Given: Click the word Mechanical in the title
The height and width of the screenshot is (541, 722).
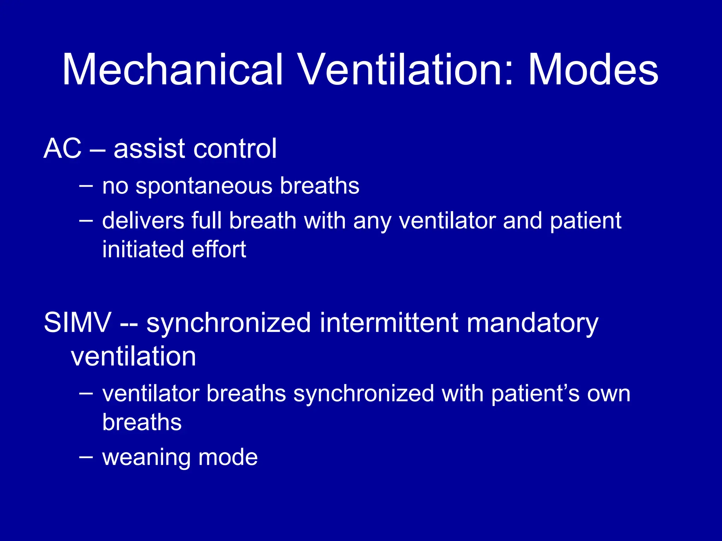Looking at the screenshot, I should [173, 69].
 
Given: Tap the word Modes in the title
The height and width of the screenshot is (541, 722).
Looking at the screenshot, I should [593, 69].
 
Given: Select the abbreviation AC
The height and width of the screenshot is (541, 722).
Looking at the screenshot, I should [62, 148].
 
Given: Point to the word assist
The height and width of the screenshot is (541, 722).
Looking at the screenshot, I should [149, 148].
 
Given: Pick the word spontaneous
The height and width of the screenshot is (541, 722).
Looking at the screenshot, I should [204, 186].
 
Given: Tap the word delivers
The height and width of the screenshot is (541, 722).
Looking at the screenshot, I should [143, 221].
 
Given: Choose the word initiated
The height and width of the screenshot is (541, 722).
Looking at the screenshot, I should [143, 249].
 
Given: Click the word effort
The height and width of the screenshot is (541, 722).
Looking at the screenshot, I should [219, 249].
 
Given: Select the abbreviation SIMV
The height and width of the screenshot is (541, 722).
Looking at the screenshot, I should [77, 322].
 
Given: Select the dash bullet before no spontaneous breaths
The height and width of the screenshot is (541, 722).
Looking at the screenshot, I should [86, 186].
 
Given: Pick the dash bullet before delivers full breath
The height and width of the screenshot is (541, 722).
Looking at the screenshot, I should [86, 221].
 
